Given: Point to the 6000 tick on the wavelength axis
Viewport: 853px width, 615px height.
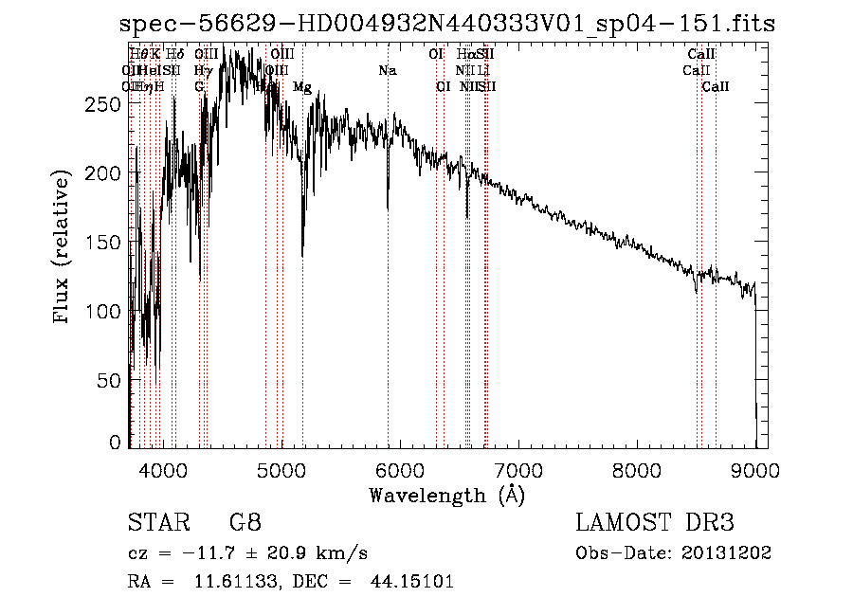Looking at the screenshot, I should click(x=399, y=468).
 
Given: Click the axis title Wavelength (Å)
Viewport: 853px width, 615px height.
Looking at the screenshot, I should click(x=446, y=494).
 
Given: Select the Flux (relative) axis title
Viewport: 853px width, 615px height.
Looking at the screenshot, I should click(x=64, y=248).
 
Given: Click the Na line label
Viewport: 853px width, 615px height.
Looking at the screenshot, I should click(x=387, y=71).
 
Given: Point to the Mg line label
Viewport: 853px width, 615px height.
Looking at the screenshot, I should click(x=301, y=87).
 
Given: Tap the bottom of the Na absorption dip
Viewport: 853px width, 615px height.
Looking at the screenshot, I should click(x=388, y=208).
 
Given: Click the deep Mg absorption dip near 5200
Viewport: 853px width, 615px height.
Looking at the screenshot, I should click(x=302, y=254).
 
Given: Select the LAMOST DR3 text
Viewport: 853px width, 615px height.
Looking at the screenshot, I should click(x=655, y=522).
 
